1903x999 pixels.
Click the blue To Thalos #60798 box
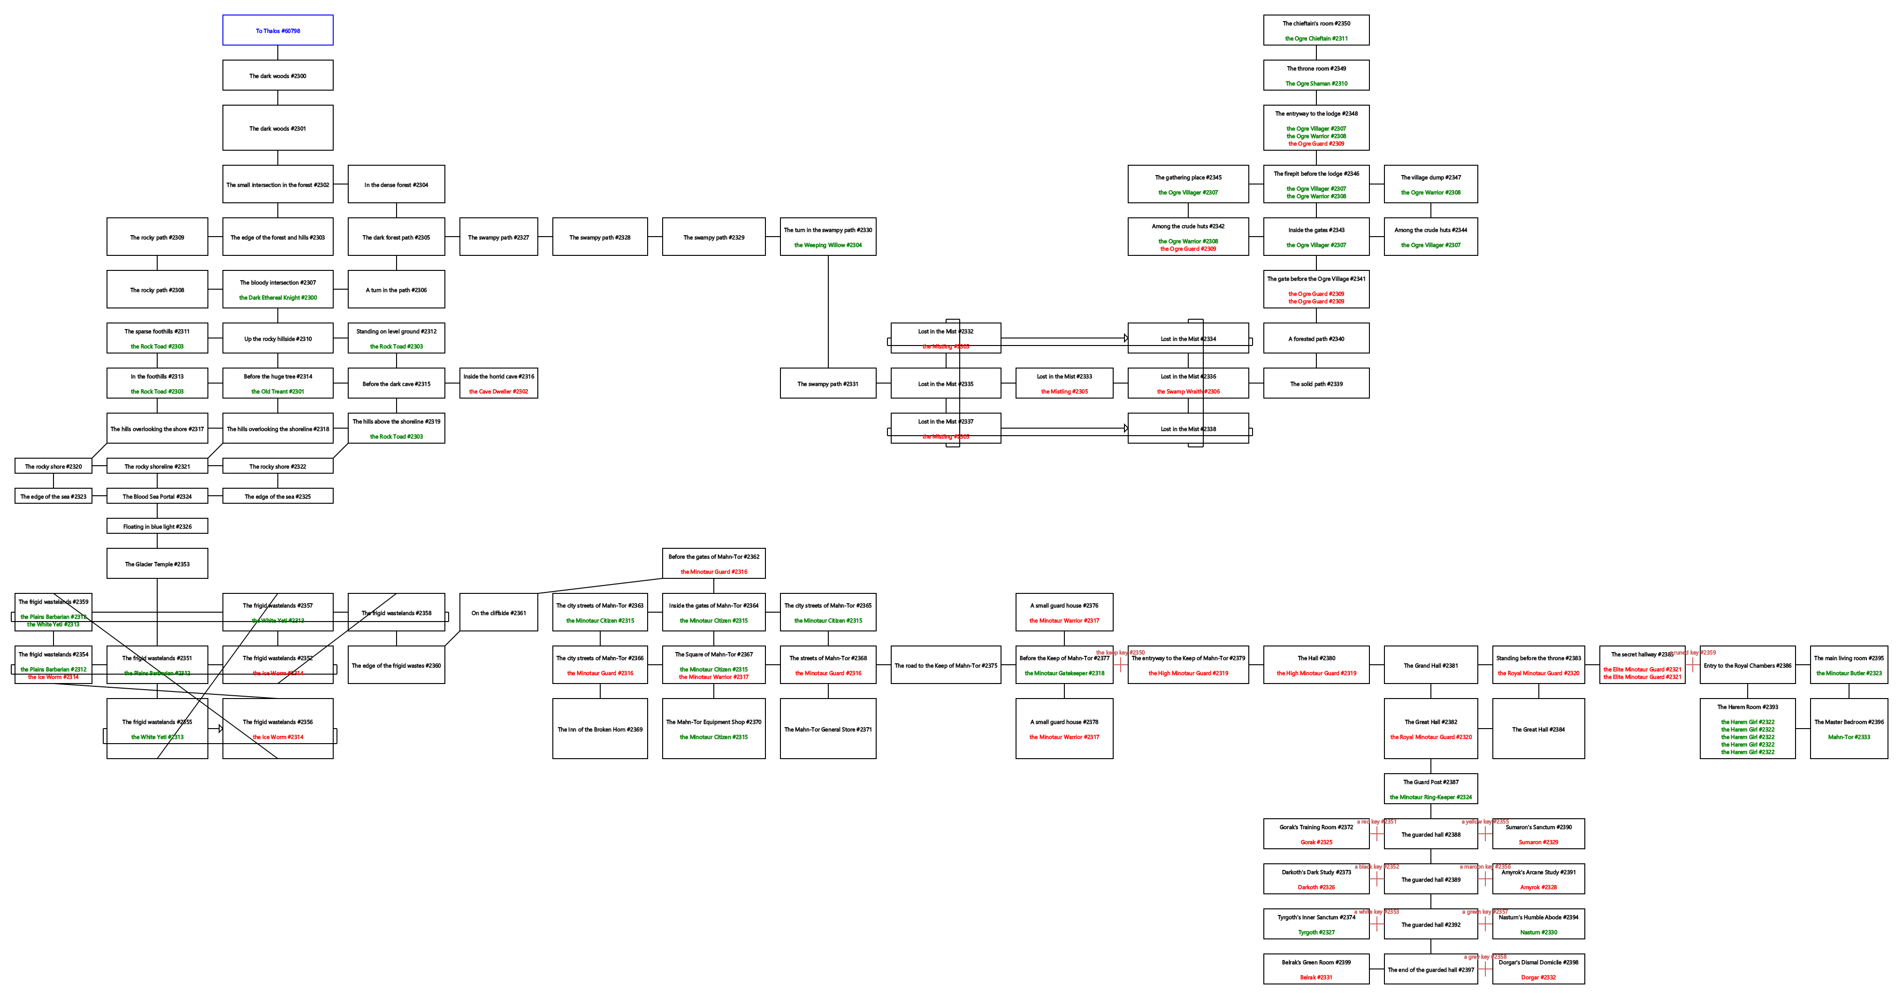[278, 31]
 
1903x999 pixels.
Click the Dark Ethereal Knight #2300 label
[278, 298]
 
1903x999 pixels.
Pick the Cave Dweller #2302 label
[499, 392]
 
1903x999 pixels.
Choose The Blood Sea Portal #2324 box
[157, 497]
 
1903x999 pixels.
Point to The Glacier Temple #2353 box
[157, 564]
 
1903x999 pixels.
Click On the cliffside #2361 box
[499, 613]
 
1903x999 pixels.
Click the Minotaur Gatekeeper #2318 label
[1064, 673]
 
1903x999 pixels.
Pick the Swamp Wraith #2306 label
[1188, 392]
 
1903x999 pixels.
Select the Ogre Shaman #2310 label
[1316, 84]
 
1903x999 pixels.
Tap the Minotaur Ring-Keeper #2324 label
[1430, 797]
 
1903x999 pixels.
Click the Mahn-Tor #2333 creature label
[1849, 737]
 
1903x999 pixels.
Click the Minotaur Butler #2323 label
[1849, 673]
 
